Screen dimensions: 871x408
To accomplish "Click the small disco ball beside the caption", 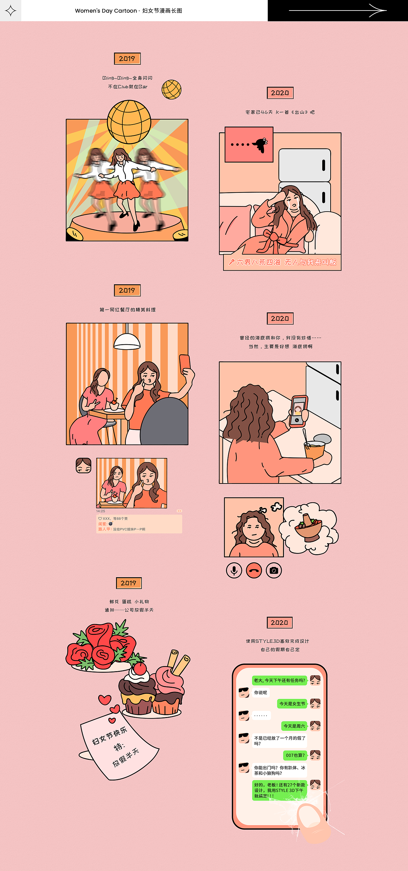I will [171, 90].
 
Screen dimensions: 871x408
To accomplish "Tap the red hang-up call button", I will [254, 570].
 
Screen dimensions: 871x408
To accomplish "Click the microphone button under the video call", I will [234, 570].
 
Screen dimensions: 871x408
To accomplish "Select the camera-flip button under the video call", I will [274, 570].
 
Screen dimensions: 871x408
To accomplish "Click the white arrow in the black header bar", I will [338, 11].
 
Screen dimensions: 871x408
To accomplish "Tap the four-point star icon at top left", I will [11, 11].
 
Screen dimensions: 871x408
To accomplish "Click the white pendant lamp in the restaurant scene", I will [127, 341].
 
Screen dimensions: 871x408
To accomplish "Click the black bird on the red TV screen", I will [261, 144].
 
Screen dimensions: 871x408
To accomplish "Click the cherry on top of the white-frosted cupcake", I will [139, 668].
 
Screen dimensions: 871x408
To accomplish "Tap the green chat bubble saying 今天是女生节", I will [292, 703].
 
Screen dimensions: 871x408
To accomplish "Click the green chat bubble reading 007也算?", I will [295, 755].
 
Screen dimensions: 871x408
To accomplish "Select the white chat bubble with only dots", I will [261, 715].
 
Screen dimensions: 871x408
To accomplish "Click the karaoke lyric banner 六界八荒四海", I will [282, 262].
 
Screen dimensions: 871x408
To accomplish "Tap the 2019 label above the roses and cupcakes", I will [128, 583].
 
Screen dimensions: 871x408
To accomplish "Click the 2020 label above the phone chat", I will [280, 622].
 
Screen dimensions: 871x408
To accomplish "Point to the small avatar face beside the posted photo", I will [84, 466].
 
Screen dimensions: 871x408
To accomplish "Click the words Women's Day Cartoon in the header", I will [106, 11].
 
